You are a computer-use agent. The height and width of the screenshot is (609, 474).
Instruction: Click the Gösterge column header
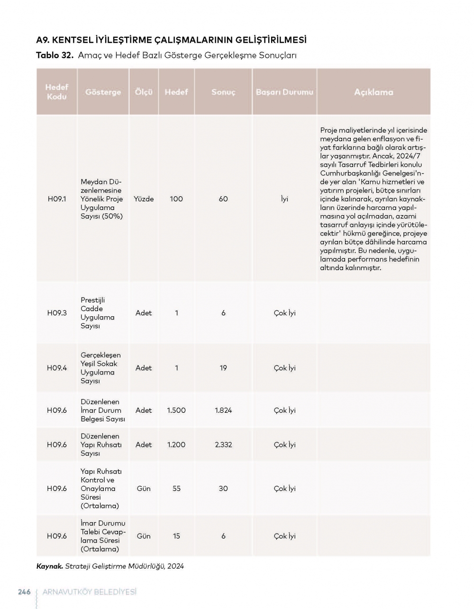pos(103,92)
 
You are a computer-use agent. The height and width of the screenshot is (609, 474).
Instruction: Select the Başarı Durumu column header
pos(284,92)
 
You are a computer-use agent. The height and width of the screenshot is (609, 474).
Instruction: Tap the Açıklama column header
pos(374,92)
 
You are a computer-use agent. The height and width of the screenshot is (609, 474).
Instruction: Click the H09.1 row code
pos(57,199)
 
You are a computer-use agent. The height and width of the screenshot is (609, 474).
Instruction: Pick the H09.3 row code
pos(57,313)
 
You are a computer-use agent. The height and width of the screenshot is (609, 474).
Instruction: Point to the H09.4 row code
pos(57,368)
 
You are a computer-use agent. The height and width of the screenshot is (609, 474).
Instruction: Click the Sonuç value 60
pos(223,199)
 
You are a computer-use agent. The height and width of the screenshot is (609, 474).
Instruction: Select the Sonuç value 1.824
pos(223,410)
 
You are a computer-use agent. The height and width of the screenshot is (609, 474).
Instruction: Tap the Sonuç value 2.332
pos(223,445)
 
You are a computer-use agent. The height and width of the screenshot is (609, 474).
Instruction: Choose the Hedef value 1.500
pos(176,410)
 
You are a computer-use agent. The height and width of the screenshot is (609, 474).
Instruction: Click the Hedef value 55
pos(176,489)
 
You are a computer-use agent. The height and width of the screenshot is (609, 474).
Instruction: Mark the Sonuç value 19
pos(223,368)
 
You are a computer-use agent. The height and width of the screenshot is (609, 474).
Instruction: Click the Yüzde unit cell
pos(144,199)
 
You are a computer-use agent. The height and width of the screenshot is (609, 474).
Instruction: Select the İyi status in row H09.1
pos(284,199)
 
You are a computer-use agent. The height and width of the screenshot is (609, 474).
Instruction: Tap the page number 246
pos(24,592)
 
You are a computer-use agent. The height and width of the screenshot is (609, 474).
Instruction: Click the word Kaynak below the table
pos(49,566)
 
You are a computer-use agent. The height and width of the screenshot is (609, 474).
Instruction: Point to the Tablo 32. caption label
pos(55,55)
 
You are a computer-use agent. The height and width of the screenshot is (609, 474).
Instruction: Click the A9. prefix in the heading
pos(45,40)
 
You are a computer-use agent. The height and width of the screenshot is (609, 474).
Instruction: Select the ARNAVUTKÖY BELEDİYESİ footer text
pos(89,592)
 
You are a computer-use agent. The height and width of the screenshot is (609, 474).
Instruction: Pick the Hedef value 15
pos(176,536)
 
